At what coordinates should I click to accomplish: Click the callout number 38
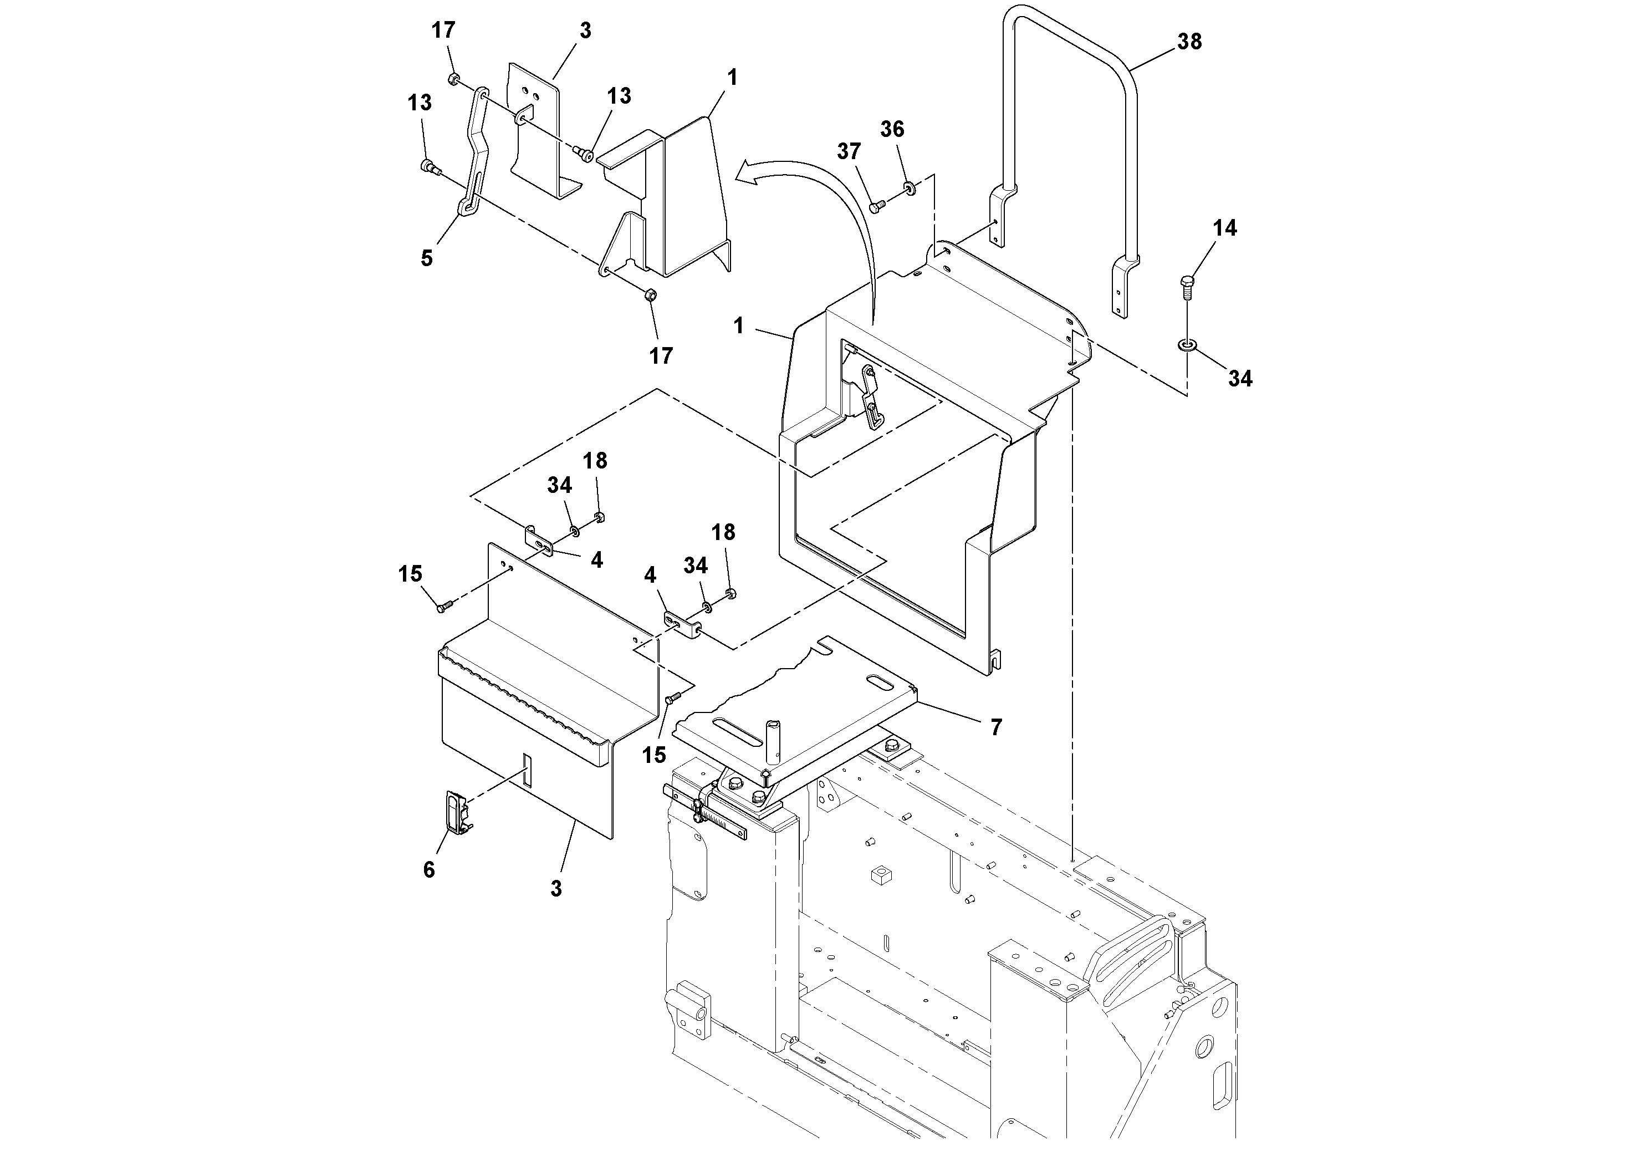(x=1189, y=42)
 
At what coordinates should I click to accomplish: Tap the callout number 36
(x=892, y=129)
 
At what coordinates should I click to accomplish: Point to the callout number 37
(x=849, y=152)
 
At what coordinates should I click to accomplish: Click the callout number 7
(x=995, y=727)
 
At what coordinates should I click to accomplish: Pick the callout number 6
(x=428, y=870)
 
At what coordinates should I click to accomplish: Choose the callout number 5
(x=427, y=258)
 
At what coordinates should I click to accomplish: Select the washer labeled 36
(x=910, y=189)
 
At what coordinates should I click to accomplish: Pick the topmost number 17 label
(x=443, y=30)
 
